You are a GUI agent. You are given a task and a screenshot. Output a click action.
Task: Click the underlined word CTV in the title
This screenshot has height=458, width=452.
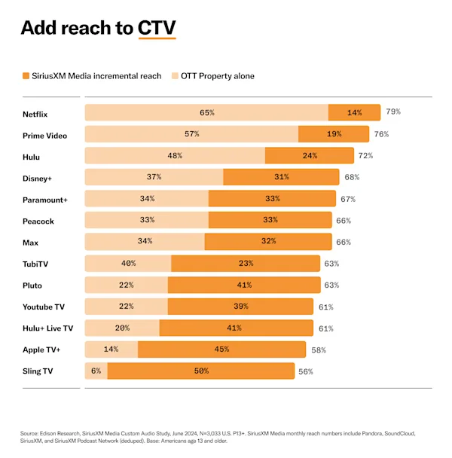point(157,28)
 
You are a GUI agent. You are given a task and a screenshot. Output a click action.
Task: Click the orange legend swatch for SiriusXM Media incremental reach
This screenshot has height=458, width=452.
point(26,76)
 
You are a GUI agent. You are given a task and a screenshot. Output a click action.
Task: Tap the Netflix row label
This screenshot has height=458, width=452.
point(37,113)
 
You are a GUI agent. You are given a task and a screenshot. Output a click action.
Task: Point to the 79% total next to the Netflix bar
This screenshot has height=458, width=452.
point(392,112)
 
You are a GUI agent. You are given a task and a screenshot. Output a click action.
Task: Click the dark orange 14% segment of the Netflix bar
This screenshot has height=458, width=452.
point(354,113)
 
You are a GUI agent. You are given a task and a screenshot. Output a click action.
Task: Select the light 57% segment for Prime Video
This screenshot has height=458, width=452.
point(191,134)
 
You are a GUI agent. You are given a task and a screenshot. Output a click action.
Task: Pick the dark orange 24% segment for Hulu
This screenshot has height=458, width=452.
point(309,156)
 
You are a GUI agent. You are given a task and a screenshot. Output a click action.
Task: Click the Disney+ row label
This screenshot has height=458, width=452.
point(38,178)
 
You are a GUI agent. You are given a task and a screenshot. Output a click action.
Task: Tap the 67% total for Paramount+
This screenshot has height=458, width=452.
point(347,199)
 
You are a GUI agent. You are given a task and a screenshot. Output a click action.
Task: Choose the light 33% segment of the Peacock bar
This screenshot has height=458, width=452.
point(146,221)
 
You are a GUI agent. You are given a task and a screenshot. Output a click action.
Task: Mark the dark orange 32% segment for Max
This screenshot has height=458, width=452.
point(267,242)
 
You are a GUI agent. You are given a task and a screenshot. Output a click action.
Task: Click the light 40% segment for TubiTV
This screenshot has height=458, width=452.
point(128,264)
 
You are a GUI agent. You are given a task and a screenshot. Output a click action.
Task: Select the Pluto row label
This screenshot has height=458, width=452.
point(32,285)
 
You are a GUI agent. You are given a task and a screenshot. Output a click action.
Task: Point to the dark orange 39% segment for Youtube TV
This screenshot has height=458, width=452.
point(240,307)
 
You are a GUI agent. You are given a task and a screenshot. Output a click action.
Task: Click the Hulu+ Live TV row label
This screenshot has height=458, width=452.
point(47,328)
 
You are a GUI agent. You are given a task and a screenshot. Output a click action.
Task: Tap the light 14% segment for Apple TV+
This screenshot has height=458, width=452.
point(111,350)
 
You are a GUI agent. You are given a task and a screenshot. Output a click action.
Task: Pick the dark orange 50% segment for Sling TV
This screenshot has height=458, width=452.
point(200,371)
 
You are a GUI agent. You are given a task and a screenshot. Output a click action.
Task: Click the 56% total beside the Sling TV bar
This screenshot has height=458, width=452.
point(306,371)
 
